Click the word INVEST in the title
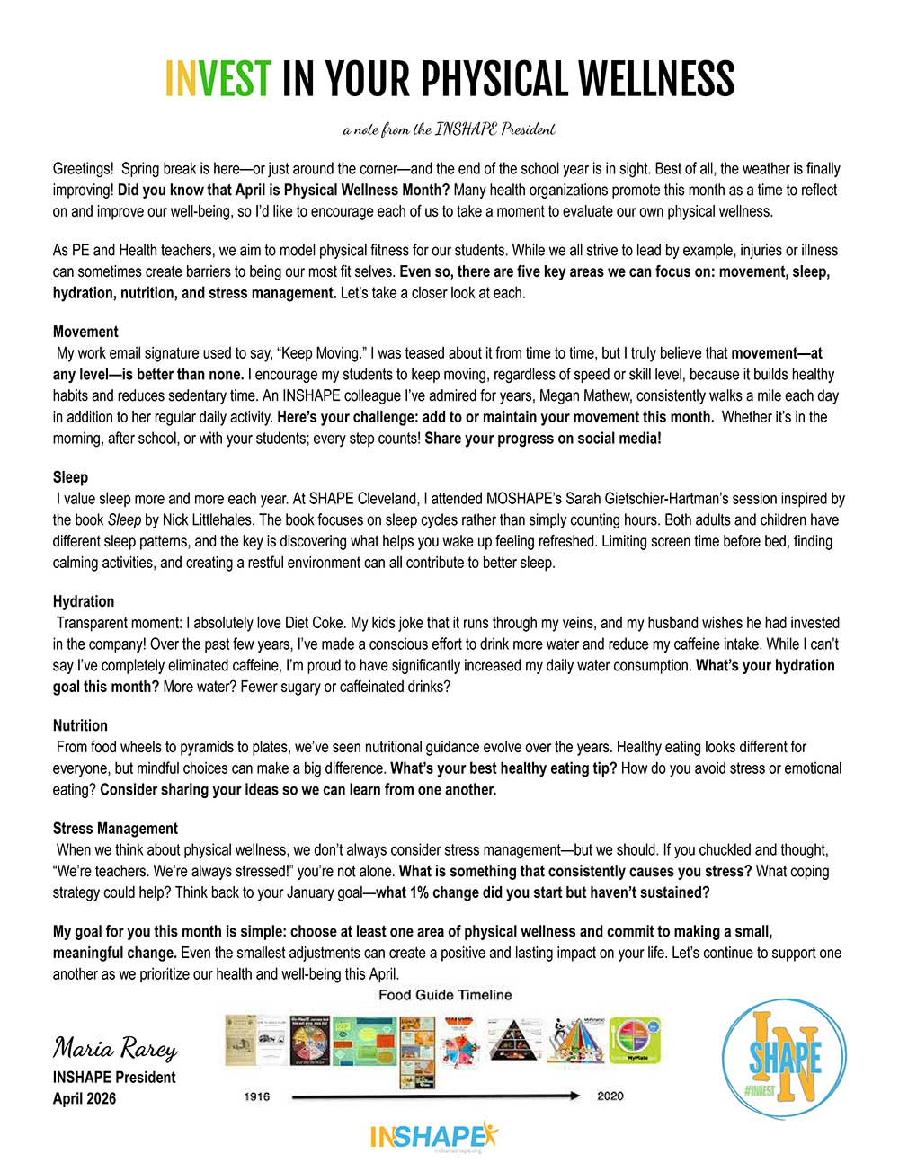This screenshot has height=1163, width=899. click(218, 79)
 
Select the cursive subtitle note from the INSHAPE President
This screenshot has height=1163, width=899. click(449, 129)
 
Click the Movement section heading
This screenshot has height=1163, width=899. click(85, 332)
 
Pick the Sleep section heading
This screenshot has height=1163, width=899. click(70, 477)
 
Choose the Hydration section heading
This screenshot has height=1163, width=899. click(84, 601)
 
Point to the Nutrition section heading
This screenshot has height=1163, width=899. click(80, 725)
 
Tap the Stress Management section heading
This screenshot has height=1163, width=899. click(115, 829)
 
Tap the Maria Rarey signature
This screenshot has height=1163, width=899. click(115, 1048)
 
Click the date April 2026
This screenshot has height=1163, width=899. click(85, 1098)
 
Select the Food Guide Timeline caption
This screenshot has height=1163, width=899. click(445, 995)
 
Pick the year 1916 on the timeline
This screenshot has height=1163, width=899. click(257, 1096)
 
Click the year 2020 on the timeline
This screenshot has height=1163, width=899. click(610, 1096)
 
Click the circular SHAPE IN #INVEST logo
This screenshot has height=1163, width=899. click(784, 1058)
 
